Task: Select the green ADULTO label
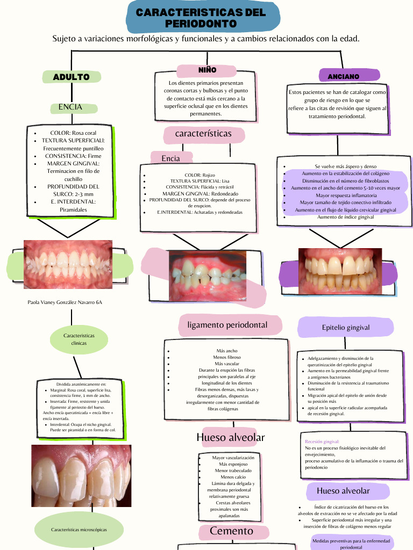71,77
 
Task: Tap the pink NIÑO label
207,70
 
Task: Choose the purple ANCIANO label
344,77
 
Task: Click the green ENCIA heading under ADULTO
70,107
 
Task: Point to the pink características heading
203,133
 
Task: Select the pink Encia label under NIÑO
170,158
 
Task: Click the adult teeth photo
68,264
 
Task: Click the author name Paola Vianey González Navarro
65,302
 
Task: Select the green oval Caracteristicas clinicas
79,339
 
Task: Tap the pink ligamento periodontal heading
227,325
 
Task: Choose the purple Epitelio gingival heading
346,327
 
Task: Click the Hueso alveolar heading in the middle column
231,437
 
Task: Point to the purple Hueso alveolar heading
343,490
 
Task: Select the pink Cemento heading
231,531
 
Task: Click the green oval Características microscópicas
79,530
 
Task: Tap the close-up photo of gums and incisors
81,476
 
